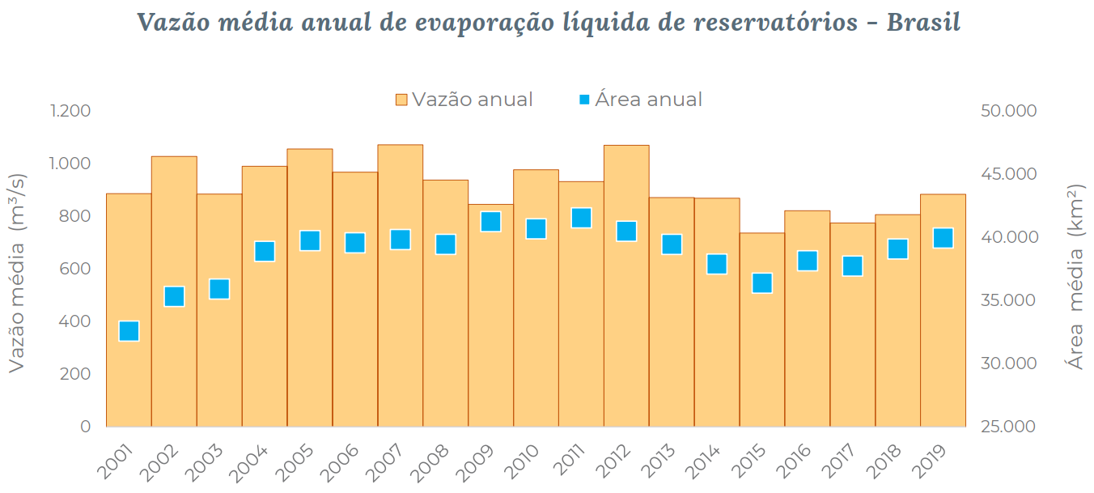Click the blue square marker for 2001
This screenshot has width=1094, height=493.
click(129, 331)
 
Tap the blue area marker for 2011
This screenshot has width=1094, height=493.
click(581, 218)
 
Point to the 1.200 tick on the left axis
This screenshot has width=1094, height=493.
click(70, 111)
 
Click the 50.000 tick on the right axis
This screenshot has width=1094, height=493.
click(1007, 111)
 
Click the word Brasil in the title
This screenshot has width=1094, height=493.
click(923, 22)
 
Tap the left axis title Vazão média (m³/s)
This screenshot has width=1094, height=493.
click(17, 273)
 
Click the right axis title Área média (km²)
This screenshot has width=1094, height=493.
click(1076, 277)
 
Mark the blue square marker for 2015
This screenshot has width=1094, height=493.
click(762, 283)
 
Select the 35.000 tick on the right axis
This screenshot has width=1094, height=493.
click(1007, 300)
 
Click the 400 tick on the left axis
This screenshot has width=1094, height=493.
click(74, 321)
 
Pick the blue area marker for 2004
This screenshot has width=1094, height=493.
click(265, 252)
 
